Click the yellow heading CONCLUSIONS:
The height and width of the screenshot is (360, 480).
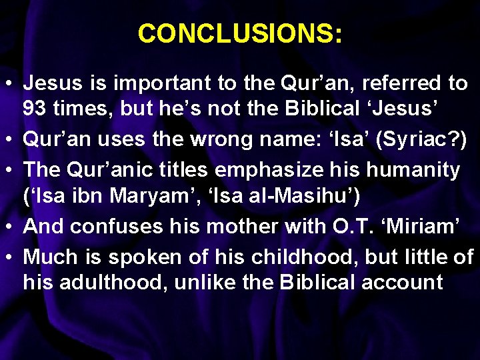pyautogui.click(x=240, y=33)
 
